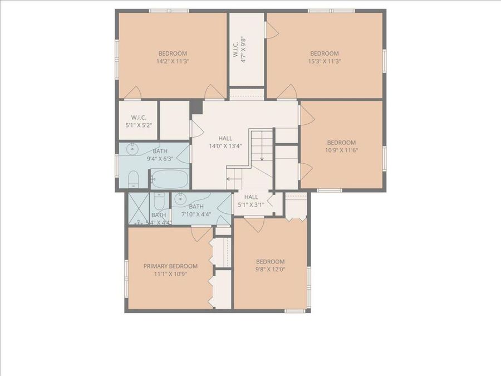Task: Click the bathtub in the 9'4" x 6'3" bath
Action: [x=170, y=179]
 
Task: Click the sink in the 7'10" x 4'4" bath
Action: [x=180, y=199]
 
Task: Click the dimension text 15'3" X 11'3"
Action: [x=325, y=61]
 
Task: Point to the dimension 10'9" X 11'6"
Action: [x=341, y=150]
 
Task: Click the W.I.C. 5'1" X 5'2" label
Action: [x=138, y=121]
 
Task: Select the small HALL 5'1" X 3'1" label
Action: [x=251, y=201]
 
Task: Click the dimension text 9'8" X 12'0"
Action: [x=270, y=270]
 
